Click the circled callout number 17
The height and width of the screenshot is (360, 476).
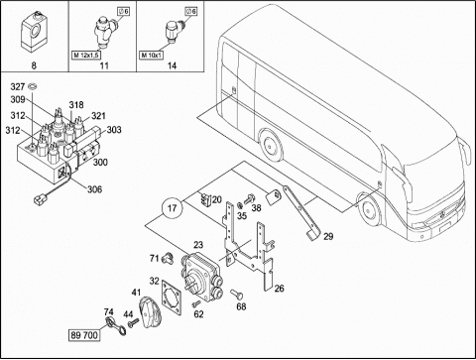172,208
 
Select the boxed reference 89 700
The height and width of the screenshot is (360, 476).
84,335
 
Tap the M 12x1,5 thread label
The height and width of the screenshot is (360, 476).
86,55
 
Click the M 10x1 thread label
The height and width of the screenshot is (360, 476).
152,55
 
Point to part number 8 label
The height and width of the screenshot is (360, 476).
34,65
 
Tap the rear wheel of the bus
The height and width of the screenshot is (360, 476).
271,145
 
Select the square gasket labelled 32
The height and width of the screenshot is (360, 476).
172,297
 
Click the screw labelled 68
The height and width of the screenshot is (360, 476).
236,294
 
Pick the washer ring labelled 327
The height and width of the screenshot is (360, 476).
33,86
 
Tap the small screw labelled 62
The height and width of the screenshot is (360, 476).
196,302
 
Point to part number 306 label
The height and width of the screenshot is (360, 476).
94,189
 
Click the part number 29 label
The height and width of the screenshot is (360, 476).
328,236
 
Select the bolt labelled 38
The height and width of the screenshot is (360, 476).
248,199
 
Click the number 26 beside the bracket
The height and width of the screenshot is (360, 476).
280,289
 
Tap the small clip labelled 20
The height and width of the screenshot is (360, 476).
205,199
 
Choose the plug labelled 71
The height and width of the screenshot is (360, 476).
168,258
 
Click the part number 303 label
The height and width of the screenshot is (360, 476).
114,130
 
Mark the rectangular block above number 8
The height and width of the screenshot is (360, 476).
33,32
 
